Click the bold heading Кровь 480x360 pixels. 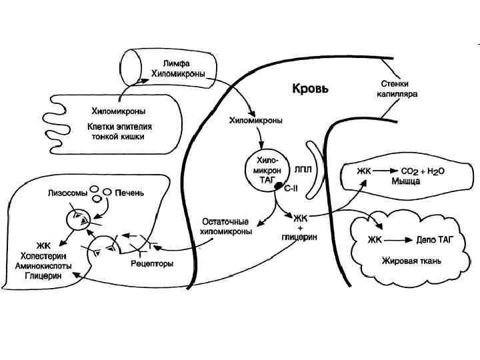coord(309,87)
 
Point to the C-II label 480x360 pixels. coord(291,190)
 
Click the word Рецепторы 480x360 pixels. coord(154,263)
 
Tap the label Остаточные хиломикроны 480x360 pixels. coord(226,227)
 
